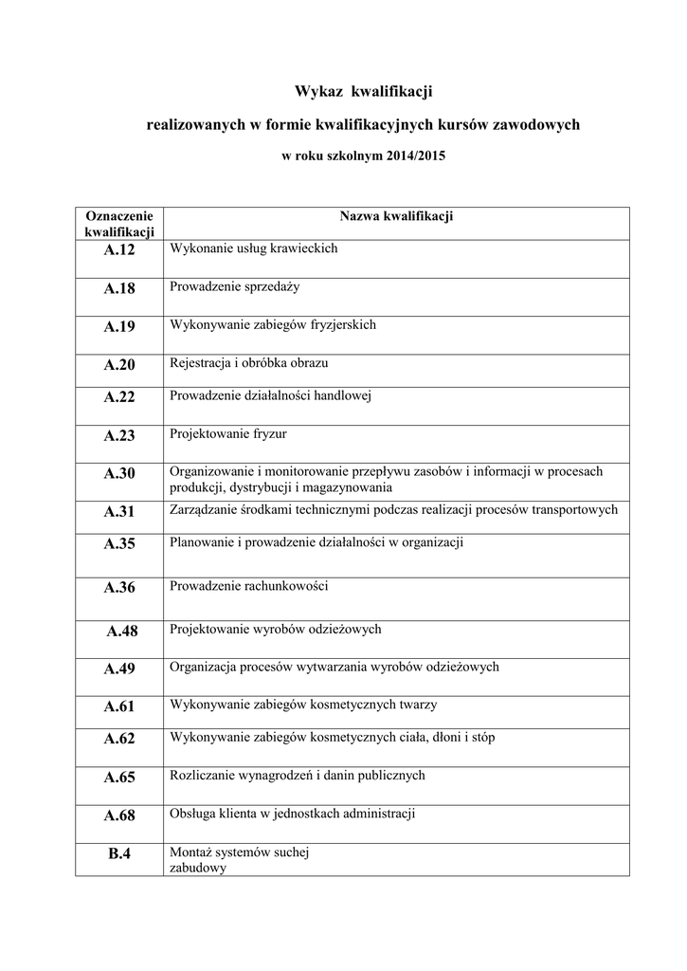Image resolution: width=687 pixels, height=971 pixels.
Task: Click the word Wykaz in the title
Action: [319, 92]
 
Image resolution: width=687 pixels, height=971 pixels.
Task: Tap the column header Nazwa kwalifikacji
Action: [396, 217]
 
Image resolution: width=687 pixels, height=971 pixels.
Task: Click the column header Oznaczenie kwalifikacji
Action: [119, 224]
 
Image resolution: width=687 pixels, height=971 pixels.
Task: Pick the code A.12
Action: [119, 250]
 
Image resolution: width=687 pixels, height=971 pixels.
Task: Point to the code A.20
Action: [119, 365]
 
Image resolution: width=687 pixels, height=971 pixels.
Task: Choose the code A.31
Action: [119, 512]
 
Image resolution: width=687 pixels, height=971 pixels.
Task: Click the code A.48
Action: [122, 631]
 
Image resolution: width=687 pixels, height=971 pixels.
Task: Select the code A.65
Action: [119, 778]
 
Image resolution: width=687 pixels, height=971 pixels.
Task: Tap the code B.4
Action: [119, 854]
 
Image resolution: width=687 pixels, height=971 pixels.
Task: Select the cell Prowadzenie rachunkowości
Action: [248, 586]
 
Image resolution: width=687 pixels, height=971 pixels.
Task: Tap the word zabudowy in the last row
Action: [197, 868]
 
